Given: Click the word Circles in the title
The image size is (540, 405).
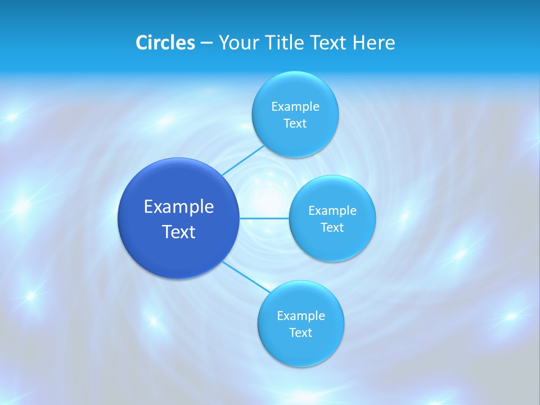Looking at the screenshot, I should (x=165, y=43).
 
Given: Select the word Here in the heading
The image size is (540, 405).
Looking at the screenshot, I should (x=373, y=43).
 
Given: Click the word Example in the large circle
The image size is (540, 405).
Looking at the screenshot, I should (x=179, y=207).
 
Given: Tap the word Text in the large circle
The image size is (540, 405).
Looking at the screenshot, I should (x=179, y=232).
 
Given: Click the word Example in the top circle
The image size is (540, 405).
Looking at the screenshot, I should (x=295, y=107).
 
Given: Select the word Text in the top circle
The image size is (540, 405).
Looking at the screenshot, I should (x=295, y=124).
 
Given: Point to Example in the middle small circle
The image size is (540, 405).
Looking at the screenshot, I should (x=332, y=211).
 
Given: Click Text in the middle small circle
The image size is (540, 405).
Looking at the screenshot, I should (x=332, y=228).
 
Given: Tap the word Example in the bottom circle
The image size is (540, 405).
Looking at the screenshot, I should (x=300, y=316).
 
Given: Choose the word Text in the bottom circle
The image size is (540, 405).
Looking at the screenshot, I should (x=300, y=333).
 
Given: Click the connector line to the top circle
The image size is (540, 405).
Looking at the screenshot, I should (x=242, y=160).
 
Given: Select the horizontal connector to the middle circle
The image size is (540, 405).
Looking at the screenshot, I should (x=264, y=218).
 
